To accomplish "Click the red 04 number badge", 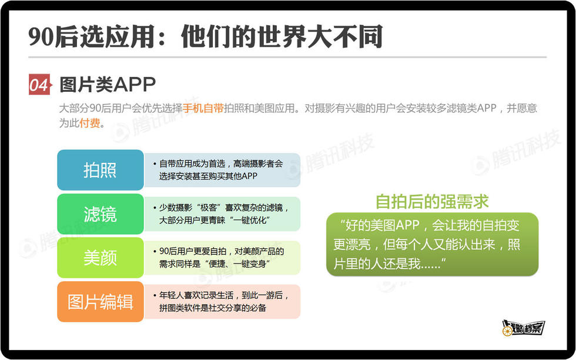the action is tap(39, 85).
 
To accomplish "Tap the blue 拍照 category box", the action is tap(101, 170).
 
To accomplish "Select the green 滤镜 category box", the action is tap(101, 214).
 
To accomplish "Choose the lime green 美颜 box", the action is tap(101, 258).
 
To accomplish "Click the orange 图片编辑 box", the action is tap(101, 302).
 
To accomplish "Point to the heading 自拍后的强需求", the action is tap(432, 202).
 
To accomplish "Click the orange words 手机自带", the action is tap(203, 108).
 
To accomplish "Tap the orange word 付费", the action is tap(89, 123).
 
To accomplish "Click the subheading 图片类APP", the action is tap(108, 85).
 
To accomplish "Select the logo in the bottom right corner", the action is tap(523, 327).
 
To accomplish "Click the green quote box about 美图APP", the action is tap(432, 244).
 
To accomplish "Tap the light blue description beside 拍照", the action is tap(222, 170).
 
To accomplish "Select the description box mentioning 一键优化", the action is tap(222, 214).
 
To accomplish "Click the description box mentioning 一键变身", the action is tap(222, 258).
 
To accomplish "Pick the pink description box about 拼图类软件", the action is tap(222, 302).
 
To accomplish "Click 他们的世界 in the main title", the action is tap(244, 37).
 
